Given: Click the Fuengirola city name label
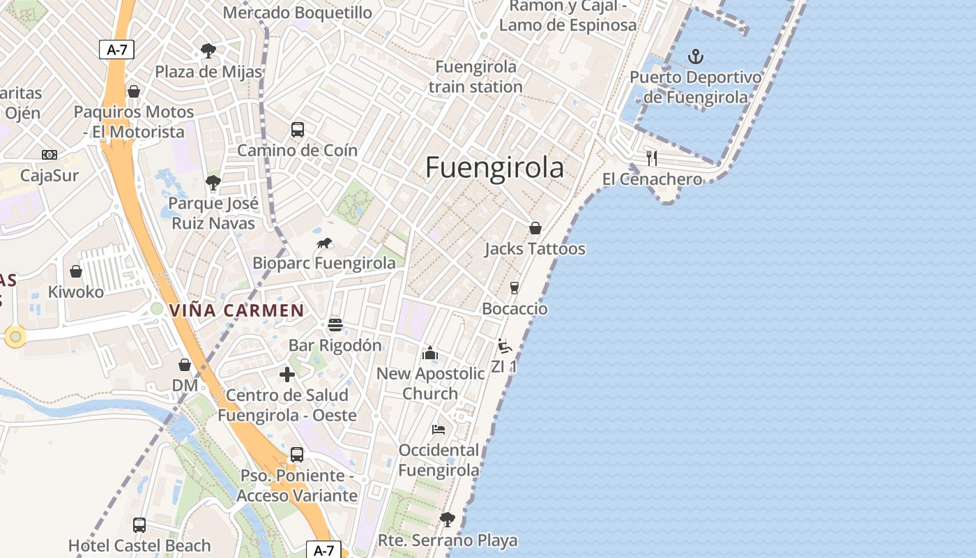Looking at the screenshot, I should (x=494, y=168).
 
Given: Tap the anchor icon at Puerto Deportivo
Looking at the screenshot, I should (x=695, y=56).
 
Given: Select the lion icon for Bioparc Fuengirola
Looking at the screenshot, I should (x=324, y=243).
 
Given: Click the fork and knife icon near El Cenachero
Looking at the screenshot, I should (x=652, y=158).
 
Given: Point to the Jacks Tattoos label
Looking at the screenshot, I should (x=535, y=249).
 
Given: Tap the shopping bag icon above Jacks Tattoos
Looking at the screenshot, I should (x=535, y=228).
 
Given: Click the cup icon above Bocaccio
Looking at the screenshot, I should (x=514, y=288).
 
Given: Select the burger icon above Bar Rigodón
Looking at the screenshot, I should (x=335, y=324).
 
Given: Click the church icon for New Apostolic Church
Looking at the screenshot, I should (x=430, y=353).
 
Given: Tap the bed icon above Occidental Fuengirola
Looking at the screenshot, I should (x=439, y=429).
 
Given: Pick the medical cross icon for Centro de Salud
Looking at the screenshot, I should (x=287, y=375).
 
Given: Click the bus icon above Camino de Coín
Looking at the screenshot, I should (x=298, y=129).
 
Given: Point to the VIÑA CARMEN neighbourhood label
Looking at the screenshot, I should (x=237, y=311).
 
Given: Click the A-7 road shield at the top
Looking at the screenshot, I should (x=116, y=50).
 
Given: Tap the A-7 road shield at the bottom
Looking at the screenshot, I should (x=323, y=550).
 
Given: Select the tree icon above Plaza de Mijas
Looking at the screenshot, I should (x=208, y=50).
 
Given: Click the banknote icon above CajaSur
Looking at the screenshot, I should (x=49, y=155).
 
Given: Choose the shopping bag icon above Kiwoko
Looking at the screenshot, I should (x=76, y=271).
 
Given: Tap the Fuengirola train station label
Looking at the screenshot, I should (x=475, y=77).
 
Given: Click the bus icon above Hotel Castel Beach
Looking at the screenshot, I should (x=139, y=525).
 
